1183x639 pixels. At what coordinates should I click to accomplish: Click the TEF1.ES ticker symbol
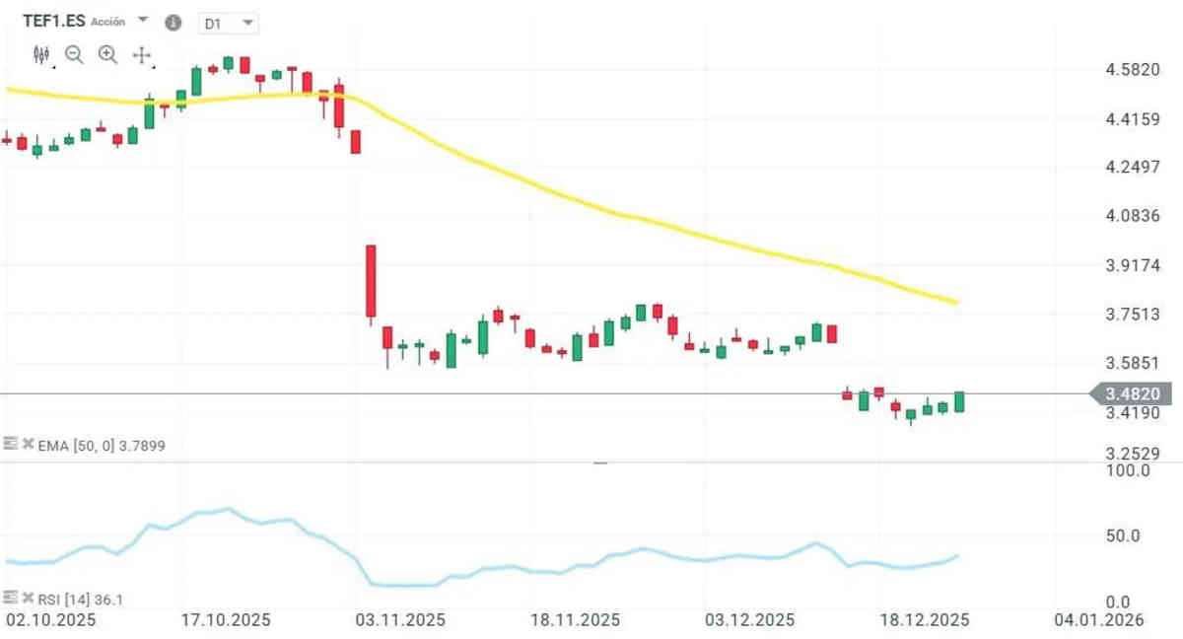point(53,20)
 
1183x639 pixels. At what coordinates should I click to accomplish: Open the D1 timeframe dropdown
point(228,23)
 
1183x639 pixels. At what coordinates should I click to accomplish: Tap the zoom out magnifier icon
point(74,55)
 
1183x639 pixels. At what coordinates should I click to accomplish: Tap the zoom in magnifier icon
point(107,55)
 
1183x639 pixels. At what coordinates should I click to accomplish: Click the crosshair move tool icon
point(141,55)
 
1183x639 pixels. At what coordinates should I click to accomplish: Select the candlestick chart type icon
point(40,55)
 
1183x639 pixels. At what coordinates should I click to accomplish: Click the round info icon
point(174,23)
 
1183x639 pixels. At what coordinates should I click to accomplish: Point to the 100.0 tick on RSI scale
point(1130,471)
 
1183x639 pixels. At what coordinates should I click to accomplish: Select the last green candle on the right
point(958,401)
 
